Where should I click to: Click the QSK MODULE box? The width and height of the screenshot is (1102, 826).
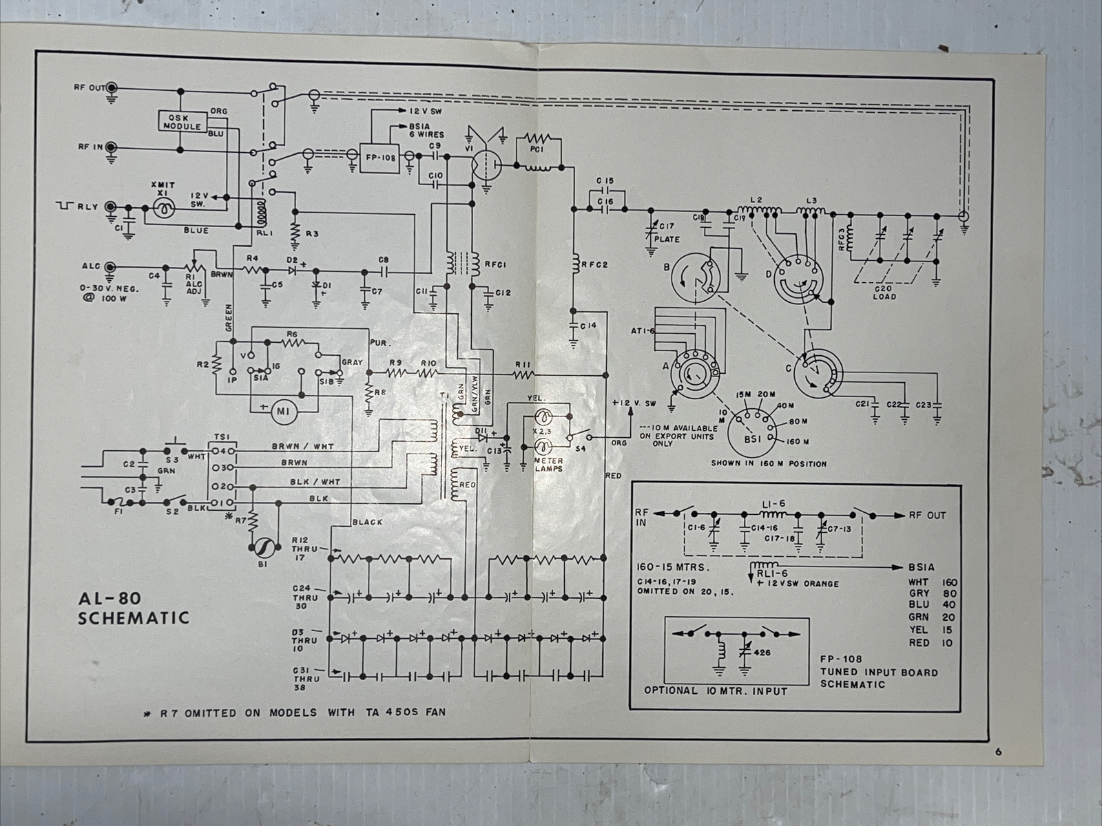pyautogui.click(x=183, y=122)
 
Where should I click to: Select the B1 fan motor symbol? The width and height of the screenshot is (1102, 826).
pyautogui.click(x=262, y=547)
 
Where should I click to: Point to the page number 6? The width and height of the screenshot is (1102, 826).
pyautogui.click(x=998, y=752)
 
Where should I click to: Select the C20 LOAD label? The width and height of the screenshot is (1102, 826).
pyautogui.click(x=884, y=293)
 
